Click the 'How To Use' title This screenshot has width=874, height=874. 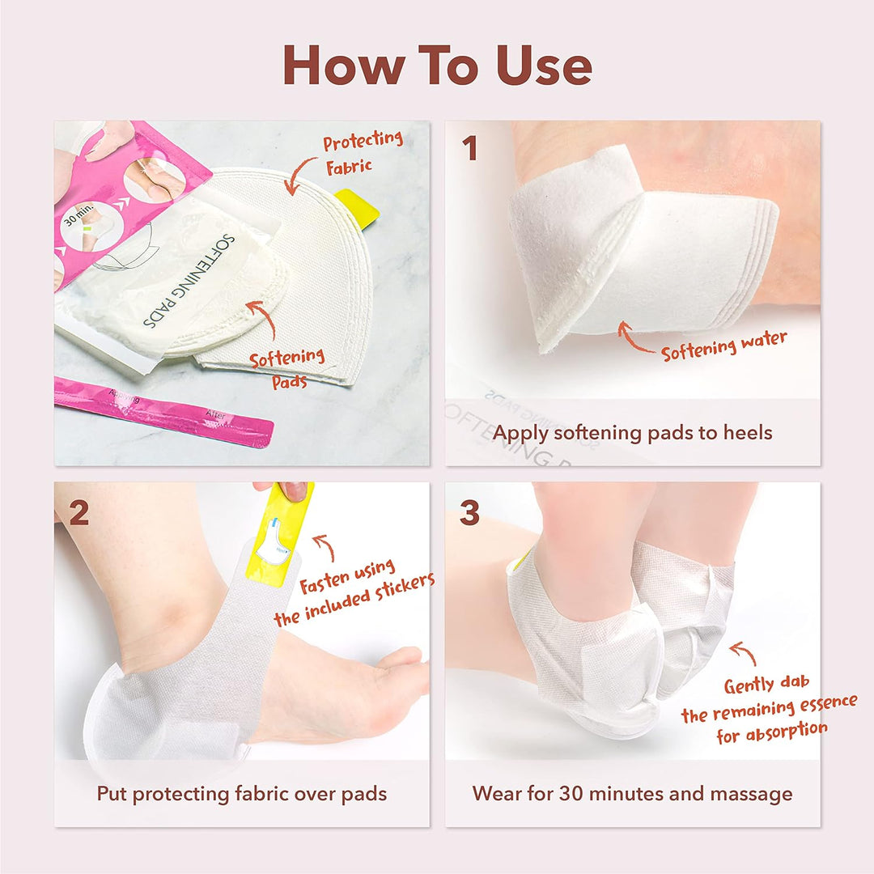(437, 66)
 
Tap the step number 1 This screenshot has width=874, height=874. (469, 149)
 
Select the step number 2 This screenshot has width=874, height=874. (78, 513)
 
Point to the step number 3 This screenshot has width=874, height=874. (469, 513)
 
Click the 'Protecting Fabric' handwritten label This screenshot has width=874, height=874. (363, 152)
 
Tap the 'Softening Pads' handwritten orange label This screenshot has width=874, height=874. (287, 368)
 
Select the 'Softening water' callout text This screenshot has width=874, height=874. (723, 346)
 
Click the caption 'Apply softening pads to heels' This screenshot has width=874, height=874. (632, 432)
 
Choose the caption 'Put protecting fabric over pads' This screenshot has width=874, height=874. (241, 793)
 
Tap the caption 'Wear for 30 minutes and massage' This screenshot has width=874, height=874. (632, 793)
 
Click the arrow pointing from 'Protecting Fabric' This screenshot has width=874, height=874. (299, 174)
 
